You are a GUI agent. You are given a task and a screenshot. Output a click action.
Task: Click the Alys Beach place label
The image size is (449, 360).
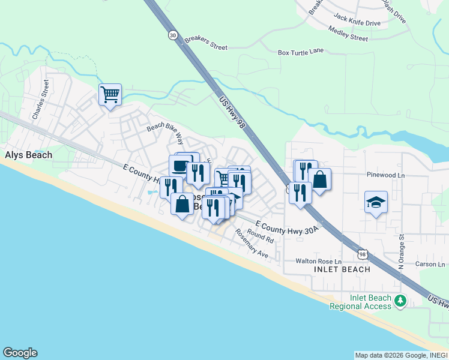tap(28, 155)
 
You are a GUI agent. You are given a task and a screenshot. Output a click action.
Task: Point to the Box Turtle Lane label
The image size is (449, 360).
tap(301, 52)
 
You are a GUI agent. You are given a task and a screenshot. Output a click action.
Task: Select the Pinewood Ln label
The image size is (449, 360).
tap(387, 175)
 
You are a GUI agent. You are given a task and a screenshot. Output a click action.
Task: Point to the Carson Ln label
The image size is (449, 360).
tap(428, 264)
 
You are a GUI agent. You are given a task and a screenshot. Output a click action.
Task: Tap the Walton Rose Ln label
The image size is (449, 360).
tap(318, 262)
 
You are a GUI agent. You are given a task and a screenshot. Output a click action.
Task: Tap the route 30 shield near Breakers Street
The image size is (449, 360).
tap(173, 35)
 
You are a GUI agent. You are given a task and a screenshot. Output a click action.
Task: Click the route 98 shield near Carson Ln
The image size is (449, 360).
tap(362, 254)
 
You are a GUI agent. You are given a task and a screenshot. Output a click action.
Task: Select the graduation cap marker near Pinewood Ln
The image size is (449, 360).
tap(376, 202)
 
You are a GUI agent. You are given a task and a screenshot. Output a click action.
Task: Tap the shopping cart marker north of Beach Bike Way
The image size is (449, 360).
tap(110, 94)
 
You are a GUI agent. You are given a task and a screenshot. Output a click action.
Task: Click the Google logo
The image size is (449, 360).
tap(20, 353)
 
